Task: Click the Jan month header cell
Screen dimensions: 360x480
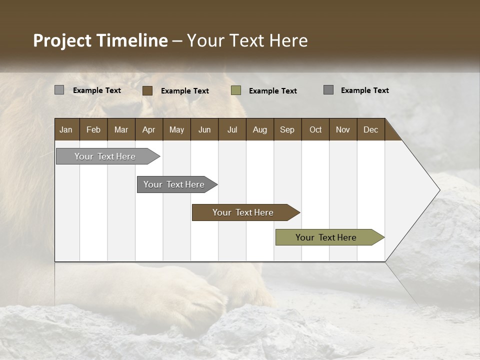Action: coord(66,129)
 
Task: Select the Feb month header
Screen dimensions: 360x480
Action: coord(93,129)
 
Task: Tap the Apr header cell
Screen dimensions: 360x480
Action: coord(148,129)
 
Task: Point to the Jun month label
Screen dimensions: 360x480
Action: coord(204,129)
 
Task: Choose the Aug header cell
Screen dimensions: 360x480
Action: coord(259,129)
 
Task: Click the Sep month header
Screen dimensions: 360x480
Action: coord(287,129)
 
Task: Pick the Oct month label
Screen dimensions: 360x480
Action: coord(315,129)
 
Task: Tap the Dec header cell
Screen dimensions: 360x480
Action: coord(370,129)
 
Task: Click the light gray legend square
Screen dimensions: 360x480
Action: coord(59,90)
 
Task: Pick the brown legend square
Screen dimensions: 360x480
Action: coord(147,90)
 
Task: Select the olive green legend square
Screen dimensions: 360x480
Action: coord(236,90)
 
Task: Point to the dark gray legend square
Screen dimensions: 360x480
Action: coord(328,90)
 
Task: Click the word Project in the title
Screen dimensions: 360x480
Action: coord(62,40)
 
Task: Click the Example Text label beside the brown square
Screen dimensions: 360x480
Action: coord(185,91)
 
